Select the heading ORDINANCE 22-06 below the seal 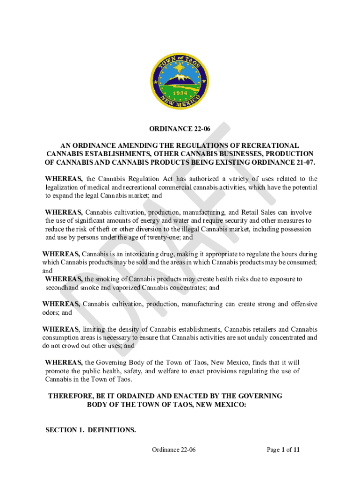pyautogui.click(x=180, y=129)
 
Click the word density pyautogui.click(x=135, y=329)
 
